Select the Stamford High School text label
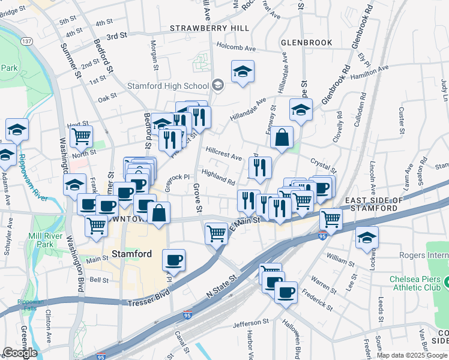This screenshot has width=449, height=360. [x=167, y=86]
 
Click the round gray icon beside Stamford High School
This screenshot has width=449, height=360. [x=218, y=85]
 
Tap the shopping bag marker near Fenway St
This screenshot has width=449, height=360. [x=282, y=139]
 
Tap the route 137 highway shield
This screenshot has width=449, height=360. [x=26, y=41]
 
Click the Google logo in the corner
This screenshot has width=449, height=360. [x=20, y=353]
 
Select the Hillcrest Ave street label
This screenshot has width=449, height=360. [x=223, y=153]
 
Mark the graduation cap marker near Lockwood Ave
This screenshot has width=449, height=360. [x=367, y=238]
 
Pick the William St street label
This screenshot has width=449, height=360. [x=340, y=260]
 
